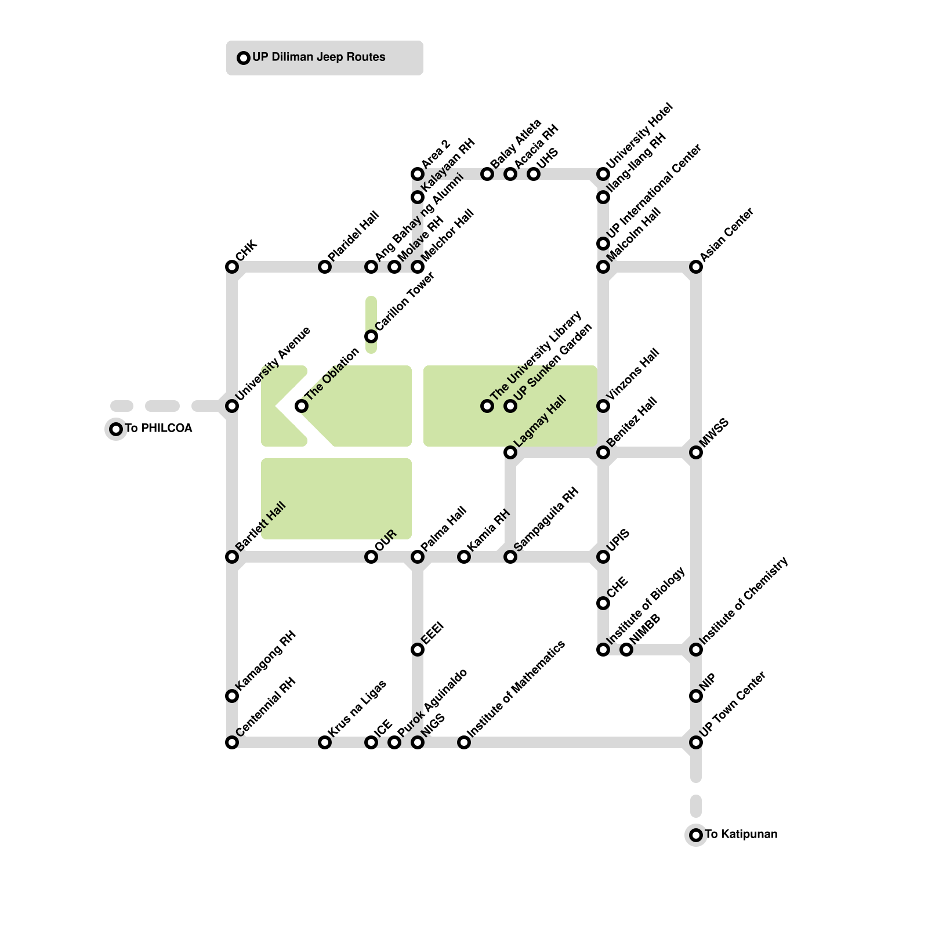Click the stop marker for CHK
tap(232, 267)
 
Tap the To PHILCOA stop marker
tap(116, 429)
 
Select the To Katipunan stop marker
tap(696, 835)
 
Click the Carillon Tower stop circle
tap(371, 336)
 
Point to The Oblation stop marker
tap(302, 406)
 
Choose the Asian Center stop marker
tap(696, 267)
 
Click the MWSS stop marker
tap(696, 452)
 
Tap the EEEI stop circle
tap(418, 650)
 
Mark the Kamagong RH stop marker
tap(232, 696)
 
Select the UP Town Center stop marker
tap(696, 742)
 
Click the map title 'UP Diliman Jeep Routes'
tap(319, 57)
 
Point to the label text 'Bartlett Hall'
tap(261, 527)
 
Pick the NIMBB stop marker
tap(626, 650)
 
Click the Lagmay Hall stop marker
tap(510, 452)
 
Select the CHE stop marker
tap(603, 603)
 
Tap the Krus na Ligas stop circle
tap(325, 742)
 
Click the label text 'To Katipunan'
tap(741, 835)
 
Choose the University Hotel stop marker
tap(603, 174)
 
